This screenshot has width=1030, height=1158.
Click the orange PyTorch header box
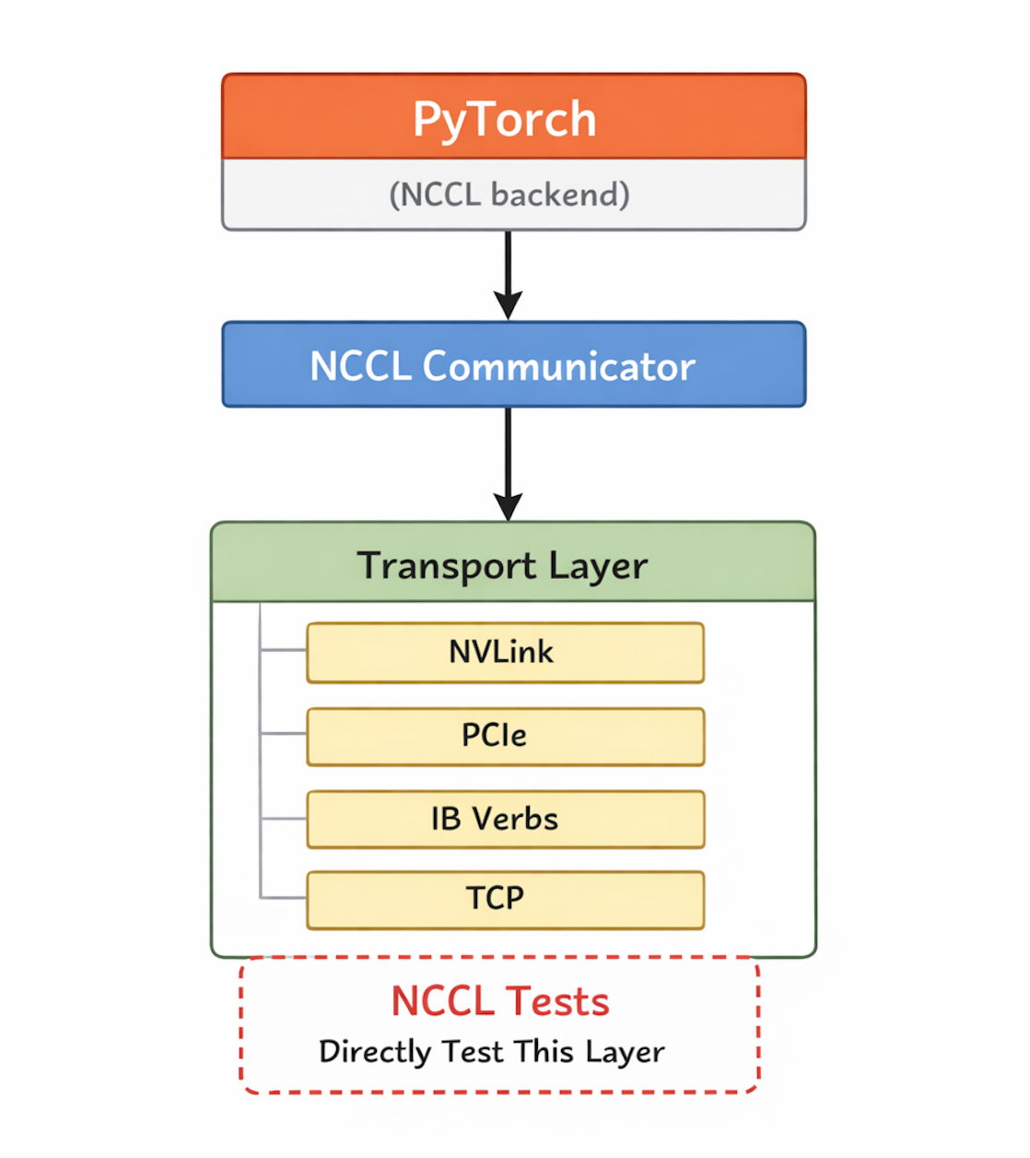coord(513,117)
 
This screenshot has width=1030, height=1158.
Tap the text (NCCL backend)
coord(509,195)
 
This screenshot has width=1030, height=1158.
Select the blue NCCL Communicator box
coord(513,365)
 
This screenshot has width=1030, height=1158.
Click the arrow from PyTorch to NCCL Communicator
coord(508,275)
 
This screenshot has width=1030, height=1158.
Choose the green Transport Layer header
coord(513,563)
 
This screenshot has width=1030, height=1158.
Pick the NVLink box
coord(505,653)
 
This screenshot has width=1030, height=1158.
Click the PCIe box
coord(505,736)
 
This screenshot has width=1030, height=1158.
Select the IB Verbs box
coord(505,819)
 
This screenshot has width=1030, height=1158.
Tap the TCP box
coord(505,899)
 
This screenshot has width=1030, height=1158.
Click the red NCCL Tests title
coord(500,1001)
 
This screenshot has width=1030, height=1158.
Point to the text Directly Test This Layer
coord(492,1052)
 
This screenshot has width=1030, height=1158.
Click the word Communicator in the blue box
coord(558,366)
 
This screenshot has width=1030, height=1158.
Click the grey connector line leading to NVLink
coord(283,651)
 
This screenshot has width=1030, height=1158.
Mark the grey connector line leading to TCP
coord(283,897)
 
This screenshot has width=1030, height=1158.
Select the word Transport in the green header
coord(447,566)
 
